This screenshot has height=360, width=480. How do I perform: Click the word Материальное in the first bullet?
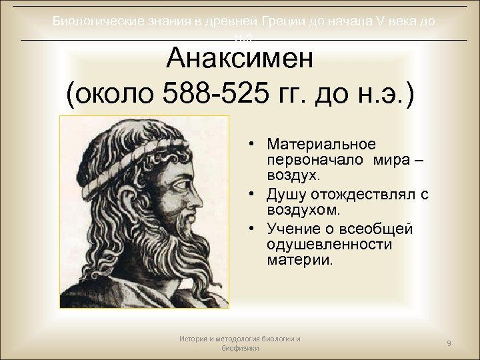320,144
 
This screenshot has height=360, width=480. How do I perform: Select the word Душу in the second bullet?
287,193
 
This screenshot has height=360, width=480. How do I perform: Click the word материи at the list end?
296,260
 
